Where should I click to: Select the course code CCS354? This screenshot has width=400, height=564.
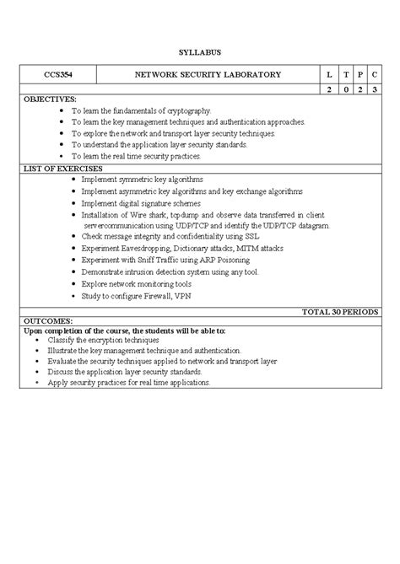[x=58, y=75]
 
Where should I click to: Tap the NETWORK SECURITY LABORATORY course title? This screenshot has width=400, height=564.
[x=208, y=75]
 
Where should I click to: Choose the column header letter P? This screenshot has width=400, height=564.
[x=362, y=75]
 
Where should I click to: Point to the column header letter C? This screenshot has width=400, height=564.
[x=379, y=75]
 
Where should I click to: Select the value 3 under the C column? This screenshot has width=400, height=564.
[x=379, y=89]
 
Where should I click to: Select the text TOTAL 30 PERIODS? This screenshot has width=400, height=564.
[x=340, y=312]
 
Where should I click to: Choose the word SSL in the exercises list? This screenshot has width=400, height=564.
[x=254, y=238]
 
